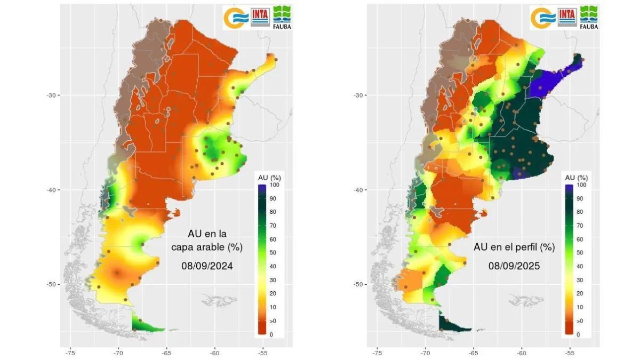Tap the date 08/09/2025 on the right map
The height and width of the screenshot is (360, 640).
[514, 265]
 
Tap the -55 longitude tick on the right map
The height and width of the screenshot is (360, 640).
[570, 353]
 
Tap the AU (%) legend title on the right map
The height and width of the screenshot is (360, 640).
[575, 177]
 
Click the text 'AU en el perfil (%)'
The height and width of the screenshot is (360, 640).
[514, 247]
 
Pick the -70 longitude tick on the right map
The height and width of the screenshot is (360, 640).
[425, 353]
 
